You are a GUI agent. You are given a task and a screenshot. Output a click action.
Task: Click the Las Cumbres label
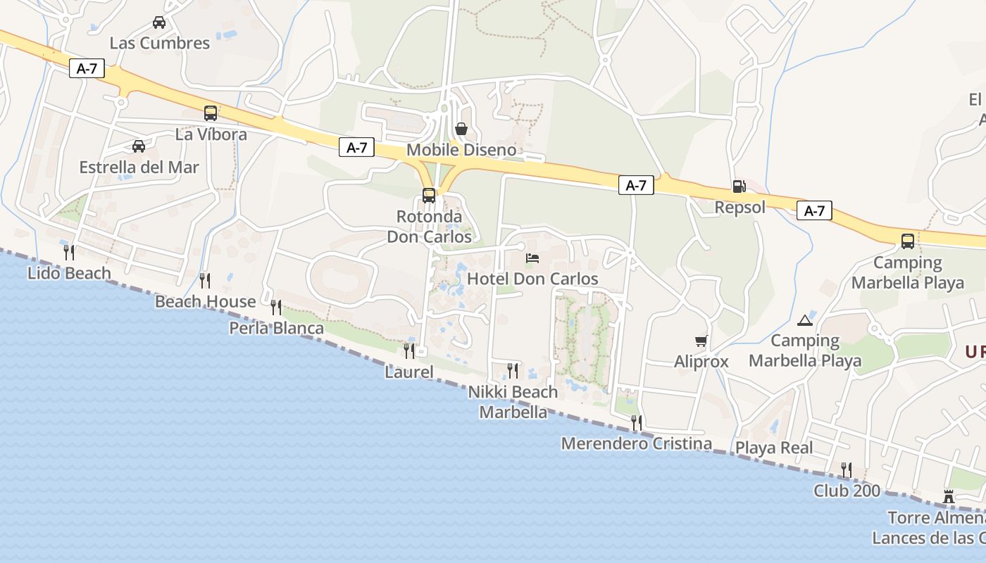[x=159, y=43]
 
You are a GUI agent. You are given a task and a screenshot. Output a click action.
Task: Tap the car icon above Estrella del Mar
[x=139, y=146]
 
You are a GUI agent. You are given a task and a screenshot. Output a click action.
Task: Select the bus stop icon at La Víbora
[x=210, y=113]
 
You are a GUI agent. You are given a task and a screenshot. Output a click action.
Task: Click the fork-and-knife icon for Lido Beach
[x=69, y=253]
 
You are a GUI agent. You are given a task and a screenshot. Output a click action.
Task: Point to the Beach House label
[x=206, y=302]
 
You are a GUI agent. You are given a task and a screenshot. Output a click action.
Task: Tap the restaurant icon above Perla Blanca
[x=276, y=308]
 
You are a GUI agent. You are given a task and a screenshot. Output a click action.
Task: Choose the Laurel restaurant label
[x=409, y=372]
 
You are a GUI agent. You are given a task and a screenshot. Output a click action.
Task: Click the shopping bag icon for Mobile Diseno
[x=461, y=129]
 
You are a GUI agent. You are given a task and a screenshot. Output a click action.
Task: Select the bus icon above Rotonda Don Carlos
[x=429, y=196]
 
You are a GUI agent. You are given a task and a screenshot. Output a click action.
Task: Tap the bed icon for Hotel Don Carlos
[x=532, y=258]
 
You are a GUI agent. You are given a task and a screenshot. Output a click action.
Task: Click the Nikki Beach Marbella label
[x=513, y=402]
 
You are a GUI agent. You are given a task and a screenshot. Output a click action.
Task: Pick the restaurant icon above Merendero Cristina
[x=637, y=423]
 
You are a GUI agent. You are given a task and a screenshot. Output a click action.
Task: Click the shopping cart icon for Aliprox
[x=701, y=341]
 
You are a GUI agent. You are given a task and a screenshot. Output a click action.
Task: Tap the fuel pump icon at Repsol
[x=739, y=186]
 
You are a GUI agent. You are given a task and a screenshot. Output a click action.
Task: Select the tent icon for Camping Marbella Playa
[x=804, y=321]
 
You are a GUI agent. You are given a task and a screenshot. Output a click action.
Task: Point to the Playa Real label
[x=774, y=448]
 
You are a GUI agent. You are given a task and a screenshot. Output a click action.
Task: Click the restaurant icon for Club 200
[x=847, y=469]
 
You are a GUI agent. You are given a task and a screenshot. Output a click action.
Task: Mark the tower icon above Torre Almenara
[x=949, y=497]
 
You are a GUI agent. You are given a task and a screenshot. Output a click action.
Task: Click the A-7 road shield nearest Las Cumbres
[x=87, y=68]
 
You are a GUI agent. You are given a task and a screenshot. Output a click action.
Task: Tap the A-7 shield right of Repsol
[x=814, y=210]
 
